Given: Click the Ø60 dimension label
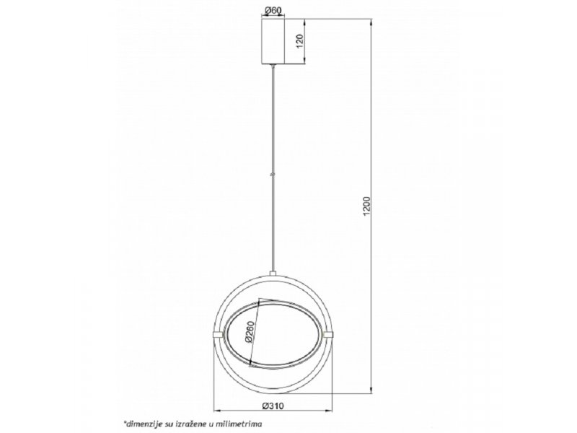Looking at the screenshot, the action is point(273,10).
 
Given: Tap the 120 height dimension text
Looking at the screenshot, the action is point(299,41).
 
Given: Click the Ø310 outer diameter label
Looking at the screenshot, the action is point(273,406).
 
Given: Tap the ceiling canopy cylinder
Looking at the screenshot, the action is point(273,41).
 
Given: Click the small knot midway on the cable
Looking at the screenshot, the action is point(273,174).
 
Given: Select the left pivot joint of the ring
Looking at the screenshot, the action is point(218,334).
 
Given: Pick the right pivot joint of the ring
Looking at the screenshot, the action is point(327,334).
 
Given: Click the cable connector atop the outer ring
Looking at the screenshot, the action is point(273,274).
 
